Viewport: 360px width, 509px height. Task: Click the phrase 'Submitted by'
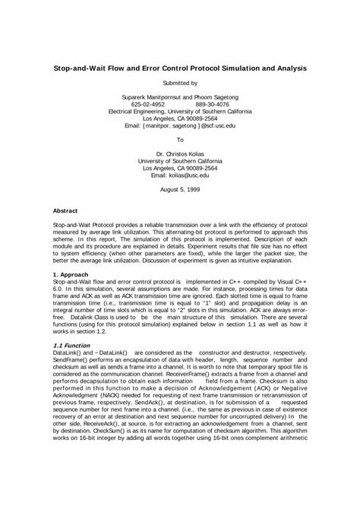(x=179, y=83)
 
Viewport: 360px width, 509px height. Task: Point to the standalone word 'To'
(x=179, y=140)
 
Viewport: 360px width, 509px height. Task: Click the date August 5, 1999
(x=179, y=190)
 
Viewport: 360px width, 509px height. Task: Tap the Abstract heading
(x=65, y=209)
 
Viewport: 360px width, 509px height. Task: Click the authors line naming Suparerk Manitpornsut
(x=179, y=97)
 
